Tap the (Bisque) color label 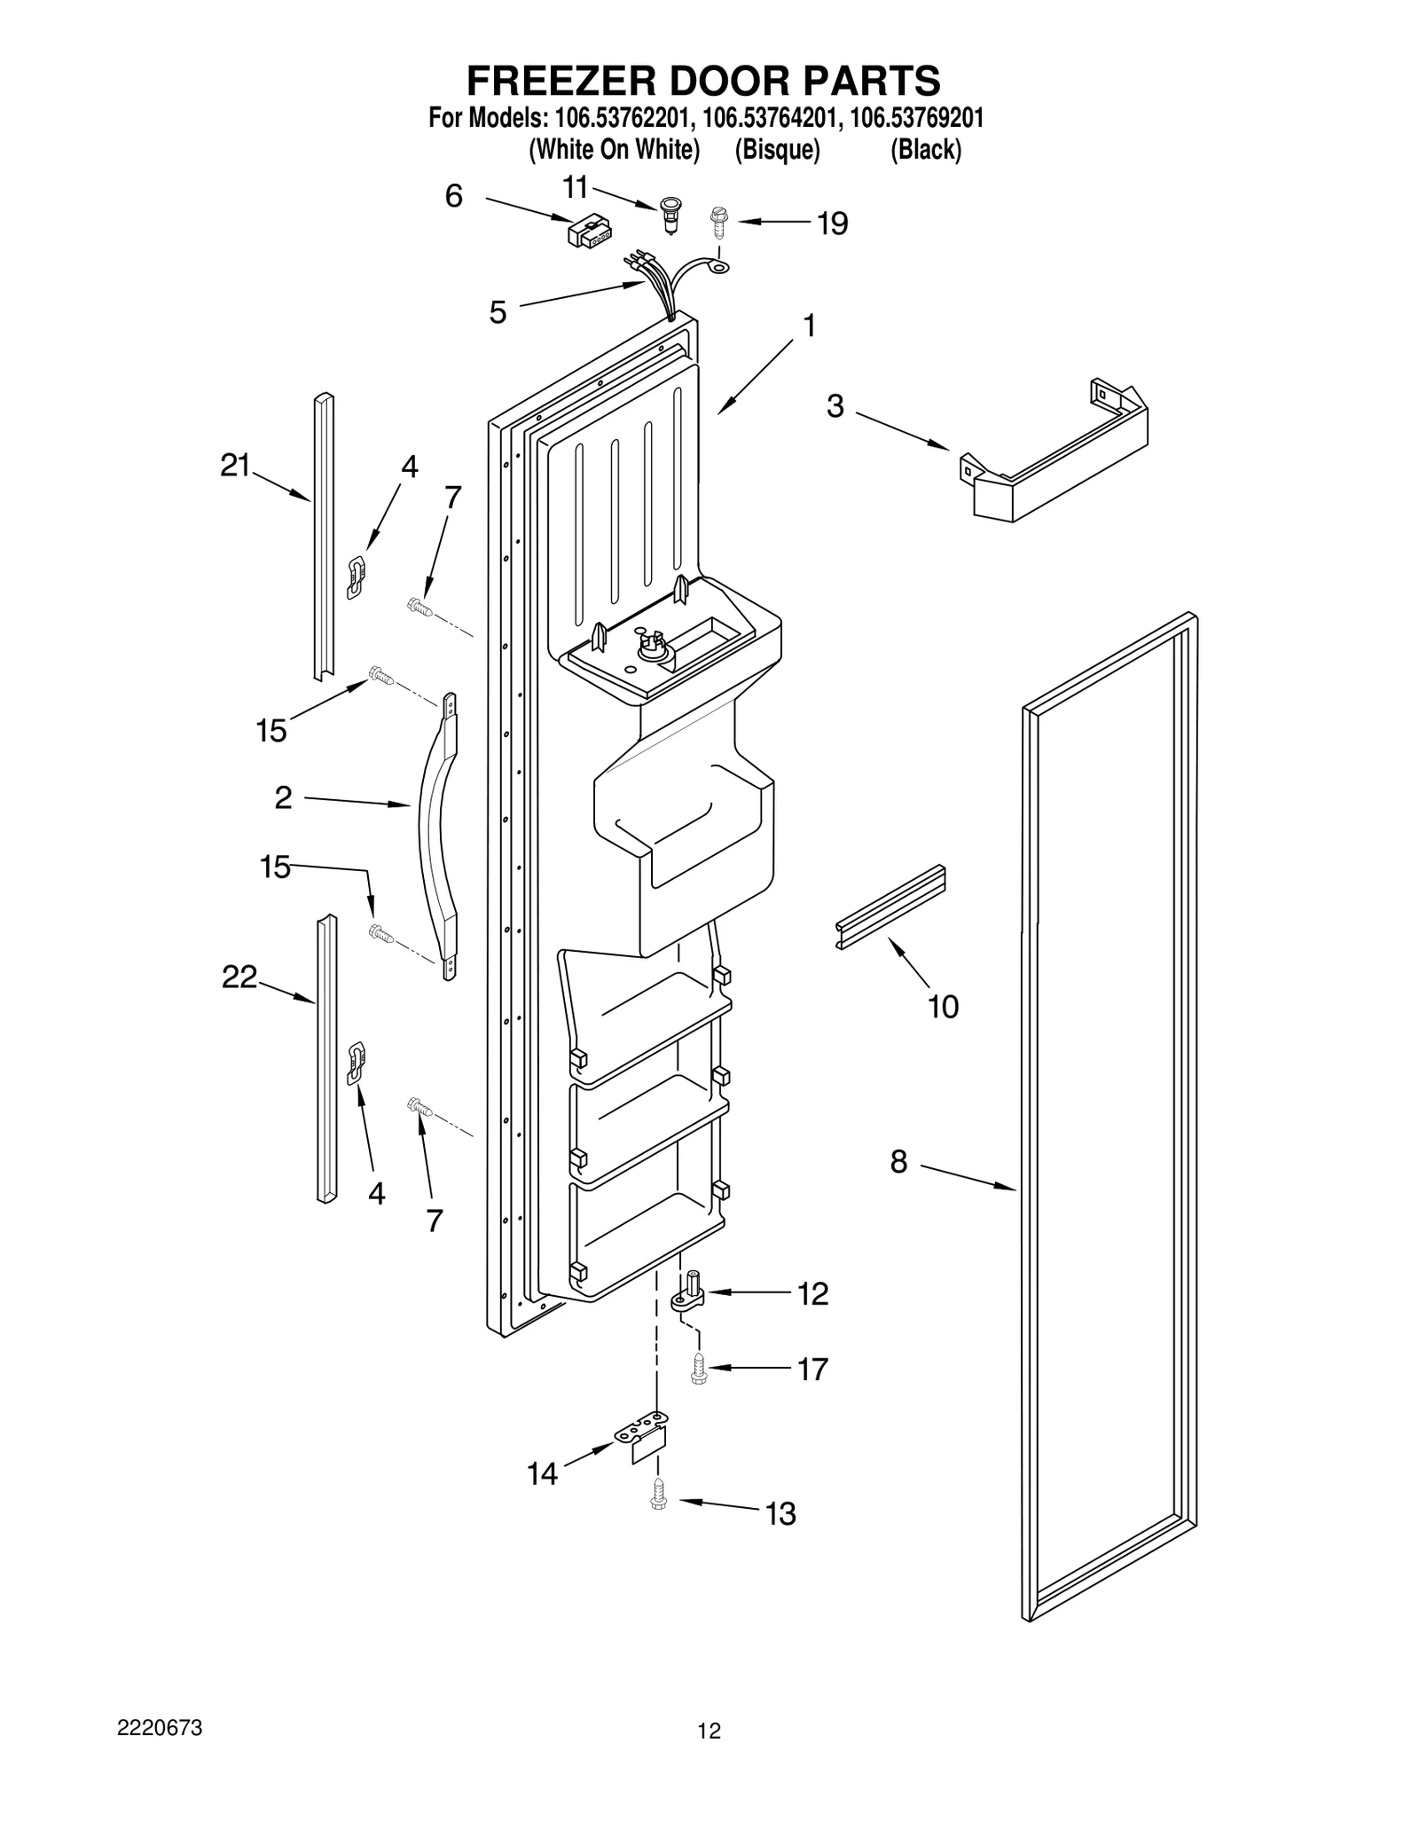(x=777, y=150)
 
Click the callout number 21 (x=235, y=466)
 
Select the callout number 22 (x=239, y=977)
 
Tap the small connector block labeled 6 (x=589, y=232)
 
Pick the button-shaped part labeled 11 (x=671, y=216)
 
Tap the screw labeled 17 (x=698, y=1370)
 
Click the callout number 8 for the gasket (x=898, y=1161)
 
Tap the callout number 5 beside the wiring (x=498, y=312)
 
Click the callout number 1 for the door (x=809, y=326)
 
